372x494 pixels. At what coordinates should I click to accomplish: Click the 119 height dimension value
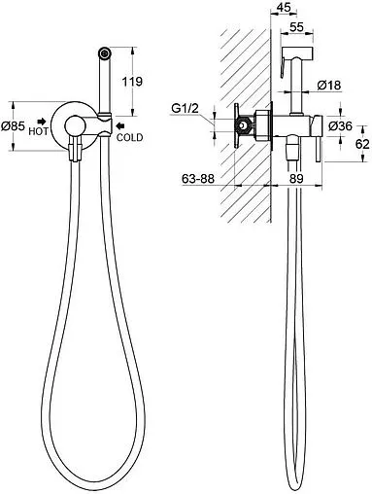coord(132,81)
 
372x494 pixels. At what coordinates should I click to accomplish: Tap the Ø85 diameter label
coord(13,126)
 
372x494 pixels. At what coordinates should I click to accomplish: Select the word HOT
coord(38,131)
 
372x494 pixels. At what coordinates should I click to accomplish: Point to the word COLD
coord(129,137)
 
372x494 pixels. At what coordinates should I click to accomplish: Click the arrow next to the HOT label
coord(42,122)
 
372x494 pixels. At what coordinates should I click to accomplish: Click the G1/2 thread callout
coord(185,108)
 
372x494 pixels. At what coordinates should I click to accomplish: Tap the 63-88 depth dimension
coord(198,178)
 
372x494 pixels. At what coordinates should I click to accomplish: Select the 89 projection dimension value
coord(296,178)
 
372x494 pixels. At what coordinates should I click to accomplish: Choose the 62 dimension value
coord(362,144)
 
